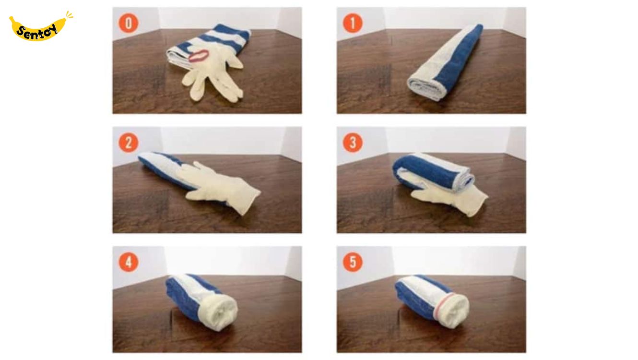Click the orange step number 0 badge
click(x=129, y=23)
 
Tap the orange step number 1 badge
click(x=353, y=23)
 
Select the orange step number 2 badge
click(x=129, y=143)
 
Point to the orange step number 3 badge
click(x=353, y=143)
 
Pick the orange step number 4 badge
click(x=129, y=262)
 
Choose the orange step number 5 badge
click(x=353, y=262)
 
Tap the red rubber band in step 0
click(x=199, y=56)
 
